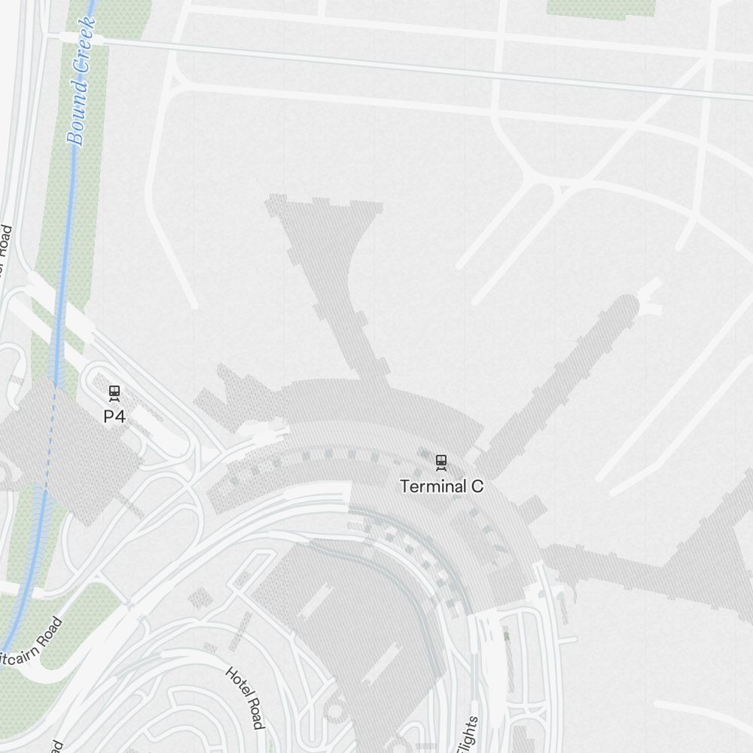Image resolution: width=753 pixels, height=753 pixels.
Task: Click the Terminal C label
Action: click(441, 486)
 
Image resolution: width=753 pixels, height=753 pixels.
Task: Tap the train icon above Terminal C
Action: click(441, 461)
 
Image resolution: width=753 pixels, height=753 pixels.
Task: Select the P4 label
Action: click(114, 416)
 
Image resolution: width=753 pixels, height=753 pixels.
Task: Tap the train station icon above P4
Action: click(114, 392)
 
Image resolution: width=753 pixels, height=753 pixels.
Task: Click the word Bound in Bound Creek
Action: click(77, 113)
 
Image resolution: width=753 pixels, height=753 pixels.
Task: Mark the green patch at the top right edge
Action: click(600, 7)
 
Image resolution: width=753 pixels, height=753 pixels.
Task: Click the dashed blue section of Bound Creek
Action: click(50, 437)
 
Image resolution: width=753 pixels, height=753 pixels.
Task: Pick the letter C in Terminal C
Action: click(477, 486)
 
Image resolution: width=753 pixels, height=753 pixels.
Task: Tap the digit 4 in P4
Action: click(120, 416)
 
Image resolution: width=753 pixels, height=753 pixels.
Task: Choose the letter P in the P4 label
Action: click(109, 416)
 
